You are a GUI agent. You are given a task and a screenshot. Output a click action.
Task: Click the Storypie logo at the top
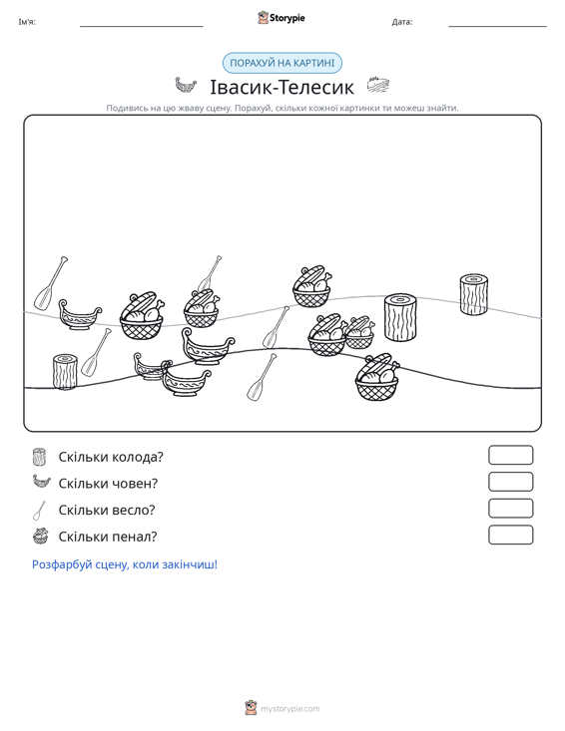point(282,18)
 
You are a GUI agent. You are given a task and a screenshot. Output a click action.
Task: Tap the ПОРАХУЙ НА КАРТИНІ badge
point(282,63)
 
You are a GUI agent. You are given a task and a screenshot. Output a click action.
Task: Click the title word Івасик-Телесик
point(282,87)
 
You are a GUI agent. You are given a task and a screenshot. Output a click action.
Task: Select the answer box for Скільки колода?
point(510,455)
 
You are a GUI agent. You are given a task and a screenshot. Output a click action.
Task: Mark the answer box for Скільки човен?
point(510,482)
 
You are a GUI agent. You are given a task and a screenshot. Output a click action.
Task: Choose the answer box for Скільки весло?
point(510,509)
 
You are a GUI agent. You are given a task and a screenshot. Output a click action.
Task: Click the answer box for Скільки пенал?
point(510,535)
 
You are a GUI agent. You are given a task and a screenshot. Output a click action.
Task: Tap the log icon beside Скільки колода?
point(40,457)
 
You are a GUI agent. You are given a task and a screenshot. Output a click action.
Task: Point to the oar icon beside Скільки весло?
point(40,510)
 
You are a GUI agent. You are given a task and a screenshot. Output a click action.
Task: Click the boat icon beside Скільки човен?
point(41,481)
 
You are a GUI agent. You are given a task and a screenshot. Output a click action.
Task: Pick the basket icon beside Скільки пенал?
point(41,537)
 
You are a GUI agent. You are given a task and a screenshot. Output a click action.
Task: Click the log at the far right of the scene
point(473,294)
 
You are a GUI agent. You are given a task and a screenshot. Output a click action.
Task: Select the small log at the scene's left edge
point(65,372)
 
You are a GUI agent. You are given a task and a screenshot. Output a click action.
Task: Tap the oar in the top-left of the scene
point(50,283)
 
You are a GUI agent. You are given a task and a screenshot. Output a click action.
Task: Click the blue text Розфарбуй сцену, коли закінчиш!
point(125,564)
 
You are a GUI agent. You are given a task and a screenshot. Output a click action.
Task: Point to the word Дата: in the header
point(402,22)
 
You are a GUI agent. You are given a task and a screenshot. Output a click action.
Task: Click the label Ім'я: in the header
point(27,22)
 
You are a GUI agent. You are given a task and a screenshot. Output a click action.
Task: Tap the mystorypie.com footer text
point(289,709)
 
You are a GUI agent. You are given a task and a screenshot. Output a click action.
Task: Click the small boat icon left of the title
point(186,86)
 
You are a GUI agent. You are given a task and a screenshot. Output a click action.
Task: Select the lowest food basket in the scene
point(377,377)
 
